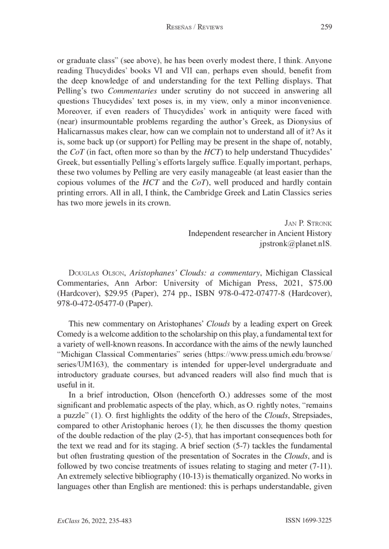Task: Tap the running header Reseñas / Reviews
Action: coord(194,28)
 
